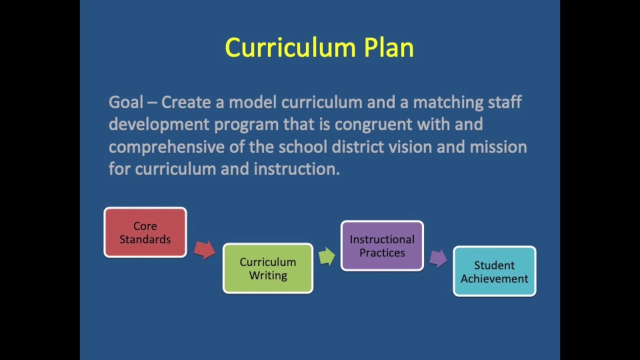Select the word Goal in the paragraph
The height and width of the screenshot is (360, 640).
(126, 102)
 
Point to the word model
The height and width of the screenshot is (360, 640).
(253, 102)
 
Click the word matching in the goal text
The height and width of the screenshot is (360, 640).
(448, 103)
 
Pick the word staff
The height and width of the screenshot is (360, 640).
(505, 102)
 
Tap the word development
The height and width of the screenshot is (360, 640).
(159, 125)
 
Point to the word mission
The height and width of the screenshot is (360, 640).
(498, 147)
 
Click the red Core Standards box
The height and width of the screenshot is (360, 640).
(145, 232)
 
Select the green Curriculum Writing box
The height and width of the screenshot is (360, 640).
(268, 268)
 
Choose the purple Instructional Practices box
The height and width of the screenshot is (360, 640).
(382, 245)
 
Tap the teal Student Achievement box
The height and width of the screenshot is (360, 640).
(494, 271)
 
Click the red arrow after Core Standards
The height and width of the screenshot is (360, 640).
(204, 250)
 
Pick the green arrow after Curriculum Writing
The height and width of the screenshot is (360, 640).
(327, 256)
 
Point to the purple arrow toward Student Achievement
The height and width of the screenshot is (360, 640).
(438, 258)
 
